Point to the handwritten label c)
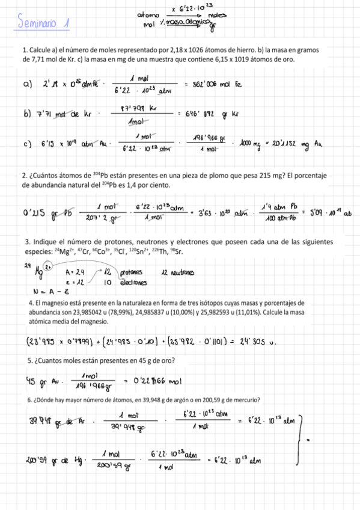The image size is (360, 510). click(28, 143)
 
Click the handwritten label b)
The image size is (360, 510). click(28, 112)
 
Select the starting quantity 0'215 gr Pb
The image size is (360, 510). click(44, 212)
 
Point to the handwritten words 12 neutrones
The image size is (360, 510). click(178, 272)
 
